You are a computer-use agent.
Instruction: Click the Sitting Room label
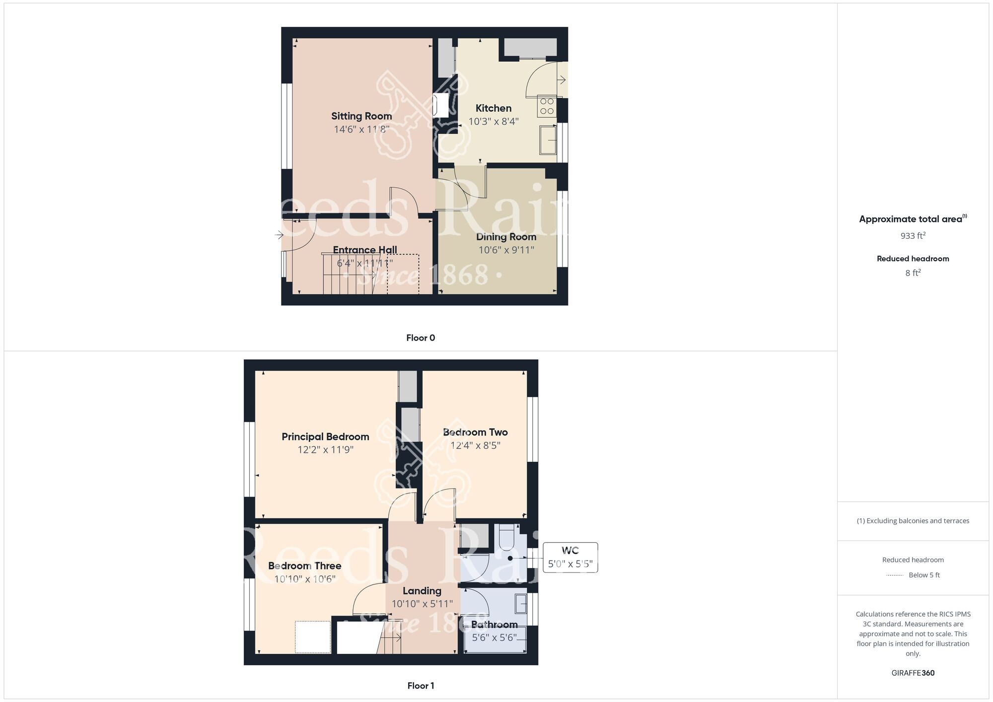[x=361, y=116]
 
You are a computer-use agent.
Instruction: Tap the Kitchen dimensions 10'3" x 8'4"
[x=494, y=121]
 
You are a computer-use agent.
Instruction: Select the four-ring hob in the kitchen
[x=547, y=106]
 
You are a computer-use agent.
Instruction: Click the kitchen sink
[x=548, y=140]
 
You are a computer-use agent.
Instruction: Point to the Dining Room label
[x=506, y=237]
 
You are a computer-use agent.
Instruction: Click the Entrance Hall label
[x=364, y=250]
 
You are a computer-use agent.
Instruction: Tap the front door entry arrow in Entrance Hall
[x=279, y=234]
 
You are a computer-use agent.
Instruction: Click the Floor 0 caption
[x=421, y=338]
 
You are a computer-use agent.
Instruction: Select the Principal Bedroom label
[x=325, y=437]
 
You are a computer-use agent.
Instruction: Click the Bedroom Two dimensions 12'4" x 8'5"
[x=475, y=445]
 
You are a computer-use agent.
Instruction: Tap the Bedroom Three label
[x=304, y=566]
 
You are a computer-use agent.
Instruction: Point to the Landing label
[x=422, y=591]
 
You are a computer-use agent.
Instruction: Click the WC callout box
[x=570, y=558]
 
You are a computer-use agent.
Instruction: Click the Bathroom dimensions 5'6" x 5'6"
[x=494, y=637]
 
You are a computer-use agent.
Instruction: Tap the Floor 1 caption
[x=421, y=686]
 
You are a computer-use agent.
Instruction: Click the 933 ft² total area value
[x=913, y=236]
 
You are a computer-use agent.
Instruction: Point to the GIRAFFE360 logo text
[x=913, y=673]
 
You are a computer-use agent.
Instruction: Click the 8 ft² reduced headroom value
[x=913, y=273]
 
